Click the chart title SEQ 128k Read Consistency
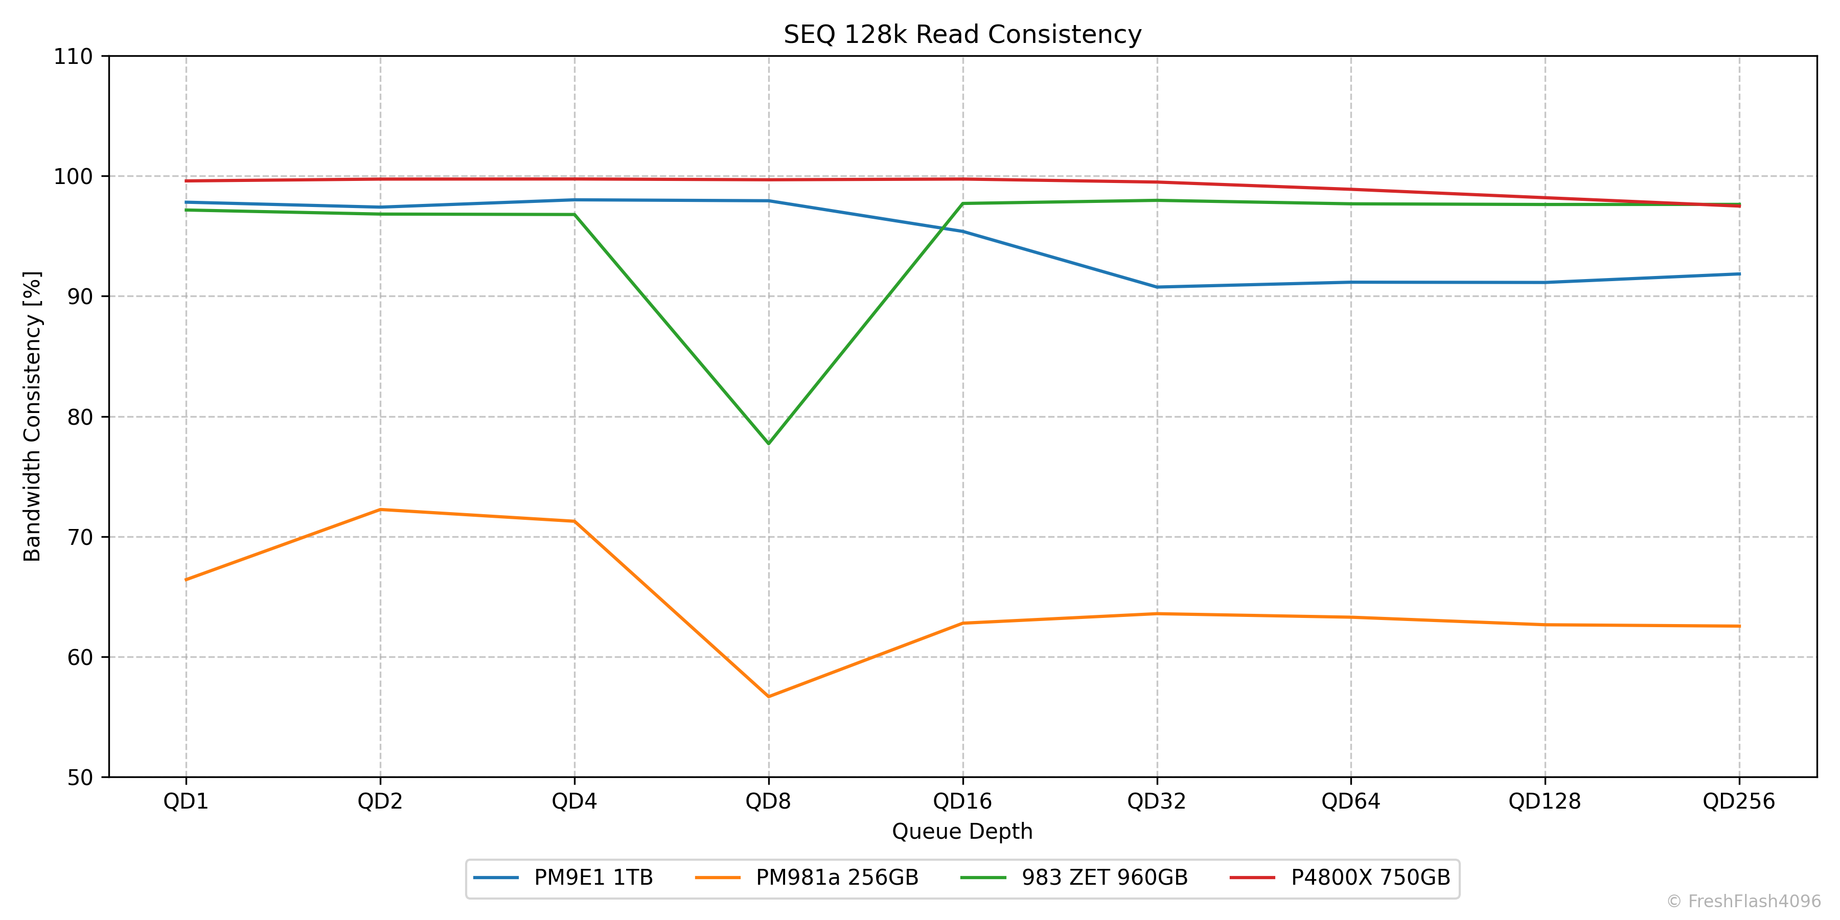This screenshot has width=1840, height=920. pyautogui.click(x=962, y=34)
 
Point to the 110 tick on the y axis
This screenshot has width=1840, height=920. pyautogui.click(x=74, y=56)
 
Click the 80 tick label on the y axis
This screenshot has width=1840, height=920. pyautogui.click(x=80, y=417)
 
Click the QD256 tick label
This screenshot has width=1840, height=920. pyautogui.click(x=1739, y=801)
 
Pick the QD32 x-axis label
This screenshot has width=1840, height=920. pyautogui.click(x=1157, y=801)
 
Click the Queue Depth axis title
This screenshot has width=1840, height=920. pyautogui.click(x=962, y=832)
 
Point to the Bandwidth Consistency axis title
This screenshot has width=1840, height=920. pyautogui.click(x=33, y=417)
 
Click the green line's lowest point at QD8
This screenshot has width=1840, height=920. pyautogui.click(x=769, y=444)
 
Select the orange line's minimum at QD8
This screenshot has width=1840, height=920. pyautogui.click(x=769, y=697)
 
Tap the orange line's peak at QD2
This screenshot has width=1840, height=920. pyautogui.click(x=380, y=509)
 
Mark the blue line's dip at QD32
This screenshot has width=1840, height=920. pyautogui.click(x=1157, y=287)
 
